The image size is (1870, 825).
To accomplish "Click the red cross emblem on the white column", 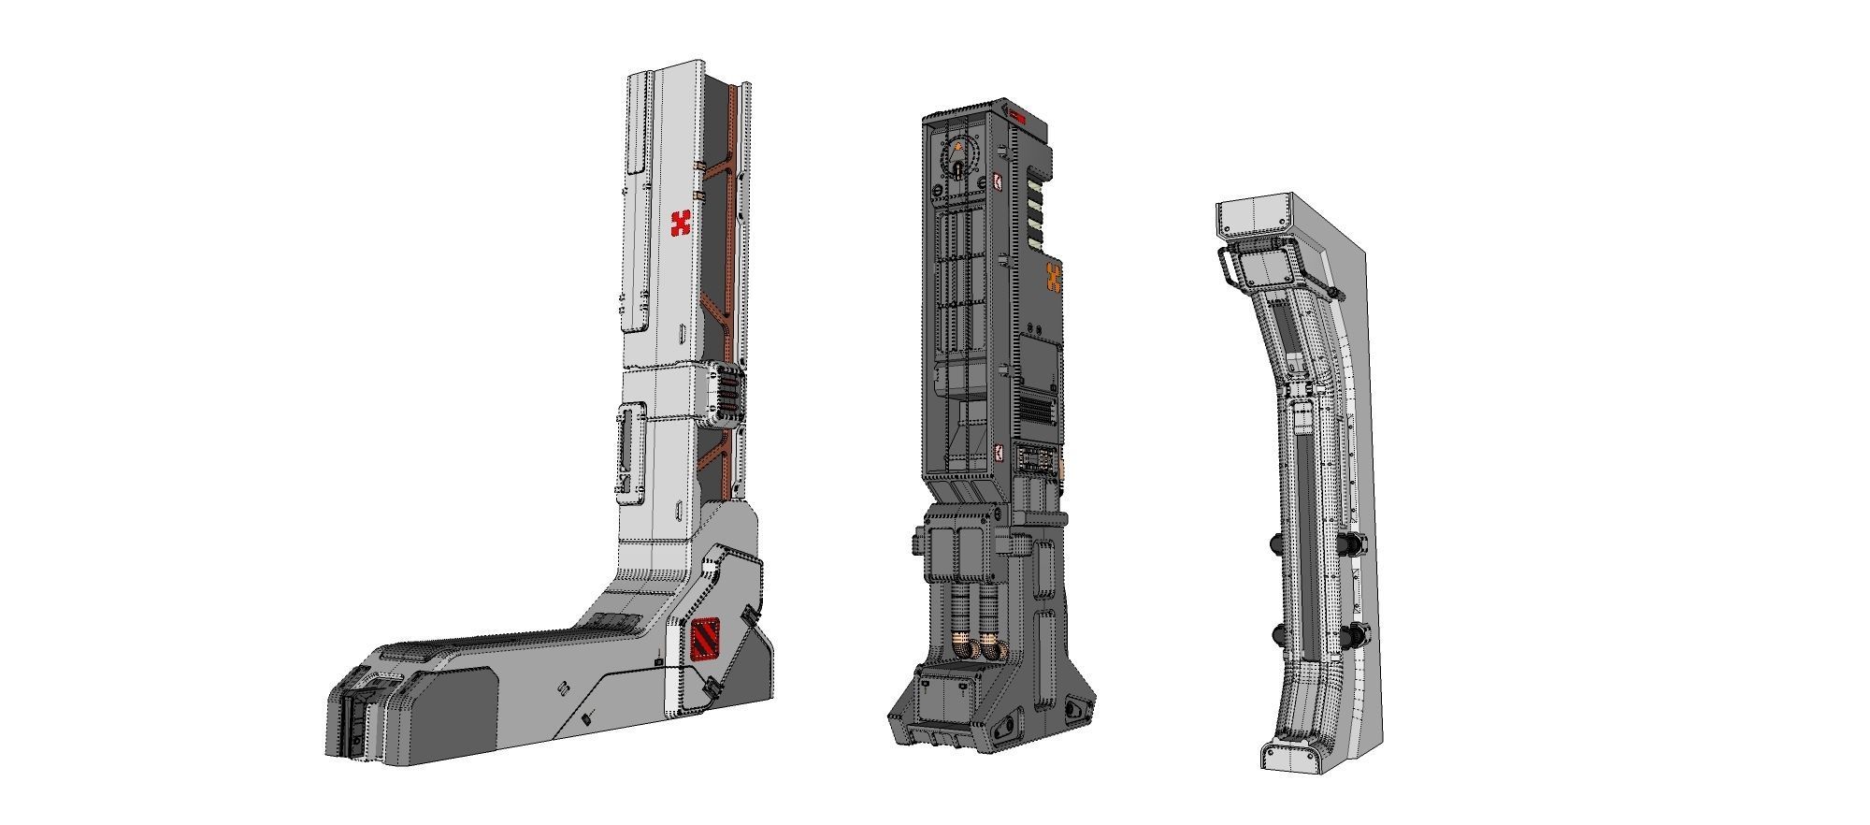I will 682,224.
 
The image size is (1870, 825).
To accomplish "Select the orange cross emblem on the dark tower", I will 1055,278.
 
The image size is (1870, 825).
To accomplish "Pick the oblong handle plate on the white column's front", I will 629,447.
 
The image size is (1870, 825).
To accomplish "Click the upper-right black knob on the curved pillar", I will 1354,543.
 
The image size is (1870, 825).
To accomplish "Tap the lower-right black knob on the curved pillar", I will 1354,634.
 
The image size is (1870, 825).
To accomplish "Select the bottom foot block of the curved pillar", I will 1295,756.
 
